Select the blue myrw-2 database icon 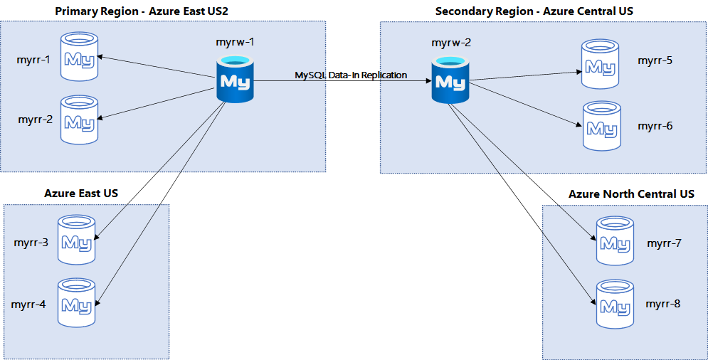[450, 80]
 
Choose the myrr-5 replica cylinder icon [600, 64]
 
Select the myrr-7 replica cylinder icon [613, 239]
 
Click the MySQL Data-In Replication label [351, 75]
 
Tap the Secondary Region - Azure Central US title [534, 11]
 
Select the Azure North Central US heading [631, 194]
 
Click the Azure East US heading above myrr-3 [81, 193]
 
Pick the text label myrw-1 [236, 42]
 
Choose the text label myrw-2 [451, 43]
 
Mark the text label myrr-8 [663, 304]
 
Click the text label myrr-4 [29, 305]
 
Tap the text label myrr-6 [655, 126]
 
